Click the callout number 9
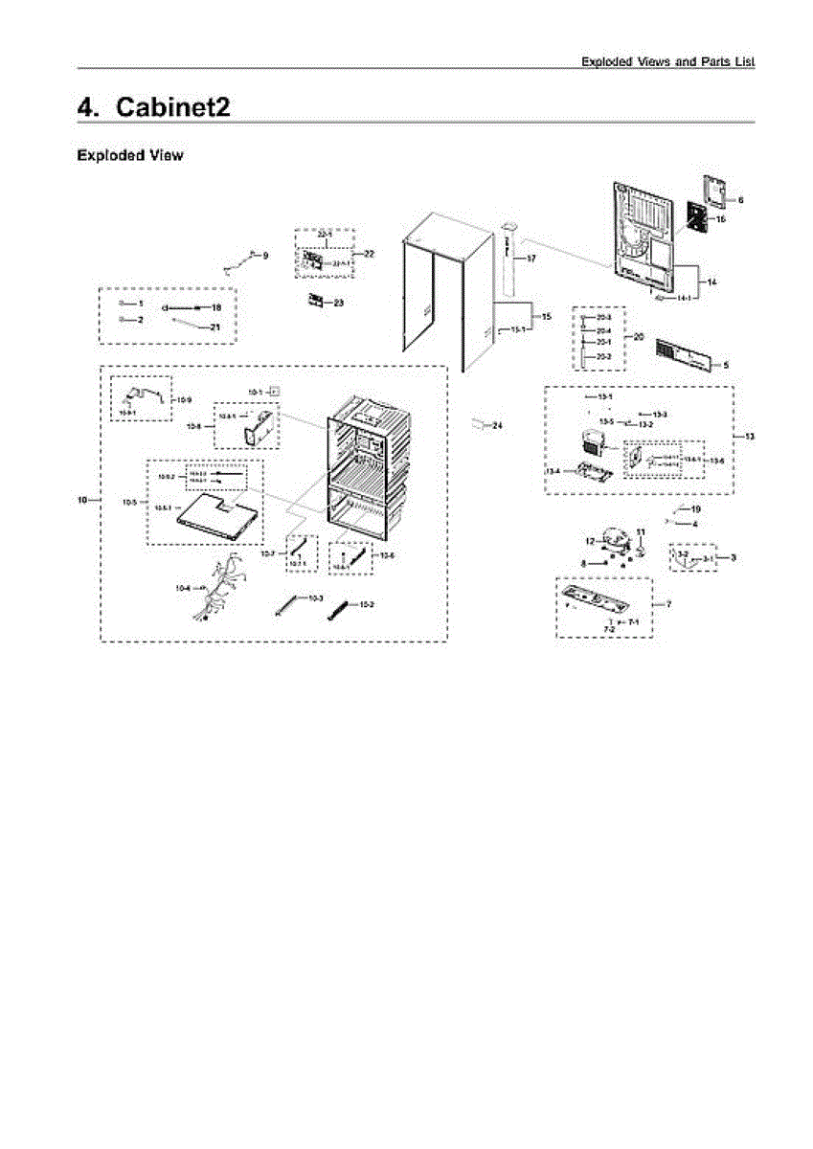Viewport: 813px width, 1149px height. [x=266, y=255]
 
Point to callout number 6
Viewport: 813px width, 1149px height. [x=740, y=199]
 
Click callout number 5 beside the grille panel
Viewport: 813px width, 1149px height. [x=725, y=365]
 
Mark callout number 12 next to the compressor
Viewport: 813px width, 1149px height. [x=592, y=542]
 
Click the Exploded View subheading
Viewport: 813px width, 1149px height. [x=130, y=155]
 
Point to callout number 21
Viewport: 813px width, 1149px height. [x=215, y=327]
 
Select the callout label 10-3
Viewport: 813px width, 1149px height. [x=315, y=597]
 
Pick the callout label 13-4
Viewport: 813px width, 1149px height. [x=553, y=470]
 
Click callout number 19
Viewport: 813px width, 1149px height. [x=696, y=508]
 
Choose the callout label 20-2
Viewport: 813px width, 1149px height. [x=603, y=356]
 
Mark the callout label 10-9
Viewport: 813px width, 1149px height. [x=184, y=398]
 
